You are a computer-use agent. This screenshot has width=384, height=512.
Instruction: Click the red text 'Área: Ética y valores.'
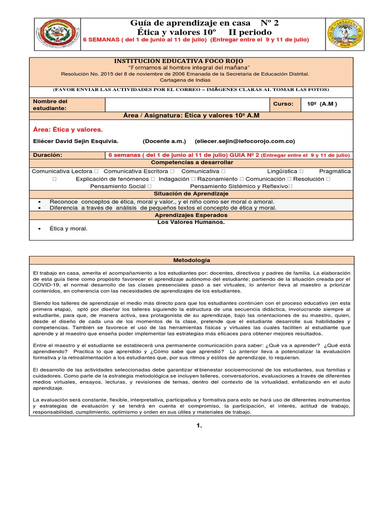click(x=67, y=129)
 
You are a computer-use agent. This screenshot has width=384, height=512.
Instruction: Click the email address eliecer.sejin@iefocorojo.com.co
click(x=244, y=141)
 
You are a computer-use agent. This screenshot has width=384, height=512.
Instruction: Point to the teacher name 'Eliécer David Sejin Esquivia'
click(x=75, y=141)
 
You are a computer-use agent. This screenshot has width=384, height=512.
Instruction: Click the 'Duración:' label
click(x=47, y=155)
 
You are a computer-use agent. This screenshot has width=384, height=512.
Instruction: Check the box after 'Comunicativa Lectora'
click(x=95, y=171)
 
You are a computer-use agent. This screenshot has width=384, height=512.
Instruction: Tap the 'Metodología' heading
click(x=191, y=260)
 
